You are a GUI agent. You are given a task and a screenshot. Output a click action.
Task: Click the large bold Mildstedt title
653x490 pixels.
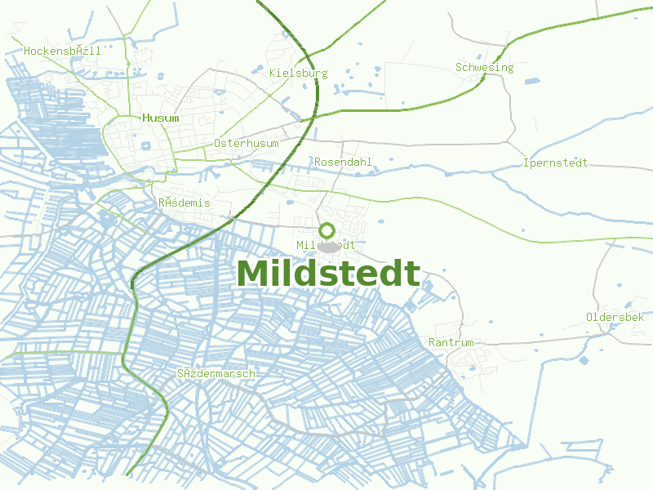pos(328,274)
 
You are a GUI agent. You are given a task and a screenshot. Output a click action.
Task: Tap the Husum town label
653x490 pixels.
pos(160,118)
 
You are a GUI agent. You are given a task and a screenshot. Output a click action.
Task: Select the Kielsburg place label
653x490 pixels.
pos(298,73)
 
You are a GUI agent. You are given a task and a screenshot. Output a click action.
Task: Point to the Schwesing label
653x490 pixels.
pos(484,67)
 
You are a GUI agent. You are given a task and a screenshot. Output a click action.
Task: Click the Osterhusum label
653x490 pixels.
pos(246,143)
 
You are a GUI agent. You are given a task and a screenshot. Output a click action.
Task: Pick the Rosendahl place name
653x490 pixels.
pos(343,162)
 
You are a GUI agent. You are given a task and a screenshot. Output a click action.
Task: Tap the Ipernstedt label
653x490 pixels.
pos(555,163)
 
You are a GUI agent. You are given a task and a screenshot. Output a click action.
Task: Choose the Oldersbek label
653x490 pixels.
pos(615,317)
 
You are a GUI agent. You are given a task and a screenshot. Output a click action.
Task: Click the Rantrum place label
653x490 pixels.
pos(451,342)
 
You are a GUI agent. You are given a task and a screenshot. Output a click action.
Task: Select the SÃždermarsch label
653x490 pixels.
pos(216,373)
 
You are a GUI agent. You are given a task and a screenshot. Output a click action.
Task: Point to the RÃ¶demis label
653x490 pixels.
pos(184,203)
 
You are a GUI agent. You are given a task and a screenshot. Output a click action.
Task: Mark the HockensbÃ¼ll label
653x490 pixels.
pos(62,51)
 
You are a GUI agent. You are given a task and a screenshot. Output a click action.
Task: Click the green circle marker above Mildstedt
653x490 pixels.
pos(327,230)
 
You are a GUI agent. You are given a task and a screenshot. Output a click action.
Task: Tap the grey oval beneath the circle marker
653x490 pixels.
pos(328,247)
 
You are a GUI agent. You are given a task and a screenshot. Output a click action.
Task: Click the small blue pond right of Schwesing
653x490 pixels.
pos(531,82)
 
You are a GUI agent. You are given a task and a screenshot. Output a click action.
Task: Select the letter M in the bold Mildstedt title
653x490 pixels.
pos(253,274)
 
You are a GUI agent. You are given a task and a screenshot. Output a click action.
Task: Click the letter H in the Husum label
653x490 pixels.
pos(146,118)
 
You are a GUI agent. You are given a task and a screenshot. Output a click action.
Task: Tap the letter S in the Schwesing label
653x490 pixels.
pos(459,67)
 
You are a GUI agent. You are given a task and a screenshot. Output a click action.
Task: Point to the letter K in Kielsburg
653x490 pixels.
pos(273,73)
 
